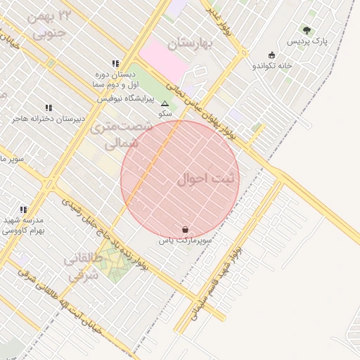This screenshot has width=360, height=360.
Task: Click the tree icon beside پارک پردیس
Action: [x=306, y=30]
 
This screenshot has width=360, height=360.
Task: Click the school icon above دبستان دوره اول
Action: [x=115, y=63]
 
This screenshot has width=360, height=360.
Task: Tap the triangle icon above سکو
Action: [x=165, y=103]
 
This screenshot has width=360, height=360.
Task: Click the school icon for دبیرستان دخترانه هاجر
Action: [x=49, y=108]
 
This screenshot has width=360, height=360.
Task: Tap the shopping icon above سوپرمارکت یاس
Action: [x=184, y=229]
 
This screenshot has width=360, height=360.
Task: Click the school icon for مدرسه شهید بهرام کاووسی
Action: [x=23, y=210]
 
